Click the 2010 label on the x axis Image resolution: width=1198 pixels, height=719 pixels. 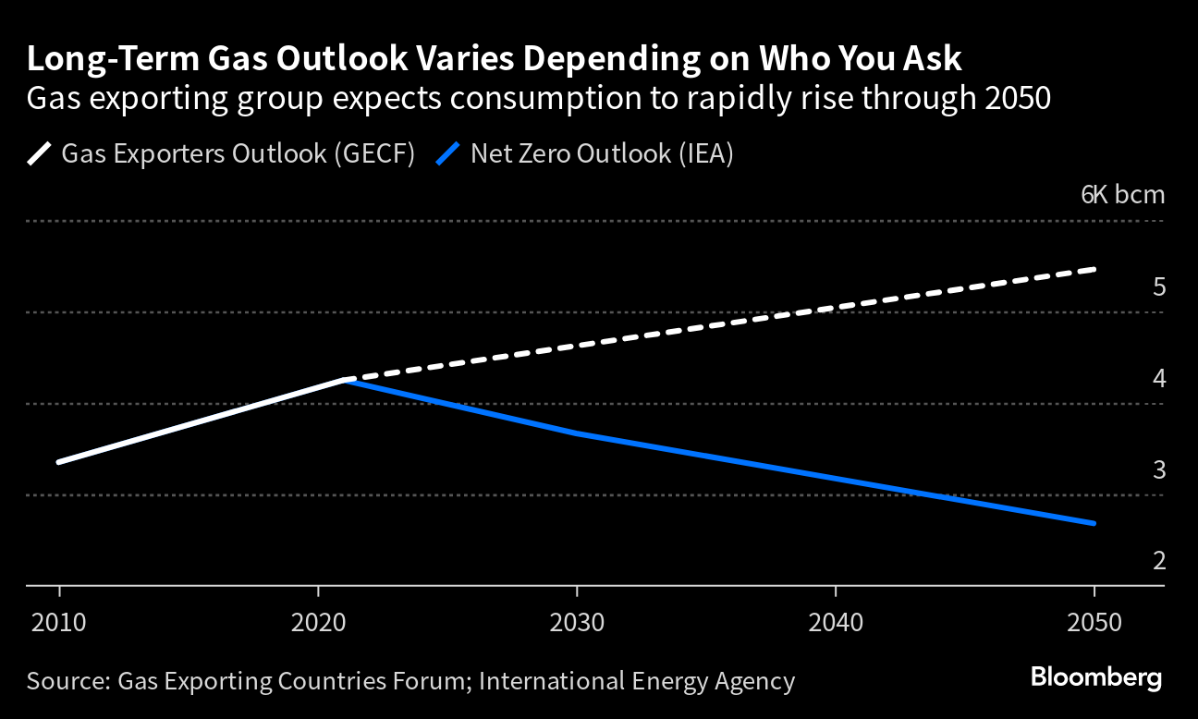[x=59, y=620]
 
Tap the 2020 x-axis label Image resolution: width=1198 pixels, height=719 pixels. [x=318, y=620]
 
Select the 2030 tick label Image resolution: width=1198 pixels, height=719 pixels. [x=577, y=620]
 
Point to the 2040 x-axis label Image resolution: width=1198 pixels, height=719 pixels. [x=836, y=620]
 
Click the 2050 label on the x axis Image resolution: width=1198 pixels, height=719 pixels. [x=1094, y=620]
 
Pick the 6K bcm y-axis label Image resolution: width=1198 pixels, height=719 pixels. [x=1122, y=195]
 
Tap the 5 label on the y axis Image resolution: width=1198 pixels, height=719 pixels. [x=1159, y=286]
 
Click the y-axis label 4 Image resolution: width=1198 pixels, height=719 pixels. [x=1159, y=378]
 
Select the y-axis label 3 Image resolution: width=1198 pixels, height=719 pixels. [x=1159, y=469]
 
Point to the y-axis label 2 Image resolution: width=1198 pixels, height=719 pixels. [x=1159, y=560]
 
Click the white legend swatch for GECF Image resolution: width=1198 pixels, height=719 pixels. [x=40, y=152]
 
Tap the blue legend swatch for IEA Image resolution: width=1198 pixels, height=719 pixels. [x=448, y=152]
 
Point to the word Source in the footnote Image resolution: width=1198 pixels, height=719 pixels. [x=65, y=681]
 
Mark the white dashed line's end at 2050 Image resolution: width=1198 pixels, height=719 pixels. [x=1094, y=269]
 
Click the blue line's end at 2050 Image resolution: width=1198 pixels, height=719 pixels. [x=1094, y=523]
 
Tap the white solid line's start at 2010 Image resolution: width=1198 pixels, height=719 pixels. [x=59, y=462]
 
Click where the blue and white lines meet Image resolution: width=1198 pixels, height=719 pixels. [x=346, y=379]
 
